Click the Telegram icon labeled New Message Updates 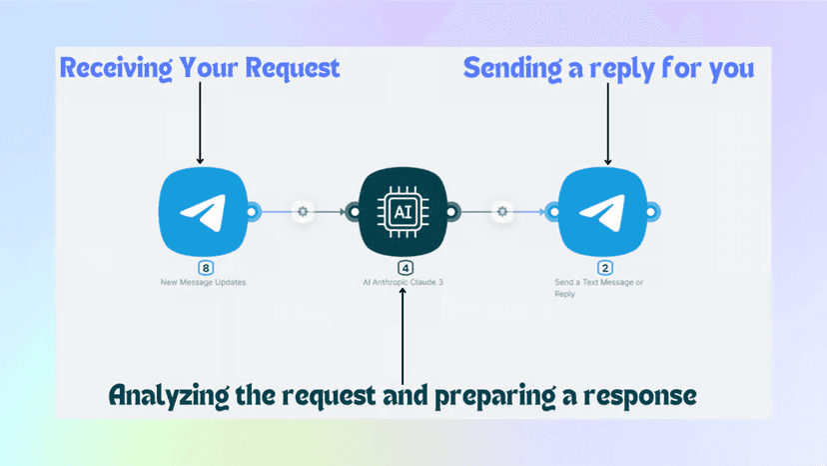click(203, 212)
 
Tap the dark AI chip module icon click(403, 212)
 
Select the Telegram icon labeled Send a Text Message click(603, 212)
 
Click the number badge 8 click(206, 268)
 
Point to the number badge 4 click(406, 268)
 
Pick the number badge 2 click(605, 268)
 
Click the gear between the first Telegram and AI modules click(303, 211)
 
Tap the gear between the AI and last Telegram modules click(502, 211)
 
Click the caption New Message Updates click(203, 282)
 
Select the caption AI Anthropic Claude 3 click(403, 282)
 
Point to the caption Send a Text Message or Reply click(598, 288)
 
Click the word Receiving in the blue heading click(116, 69)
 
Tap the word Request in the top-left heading click(293, 68)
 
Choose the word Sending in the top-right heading click(512, 69)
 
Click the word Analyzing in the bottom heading click(169, 396)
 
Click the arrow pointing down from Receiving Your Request click(200, 123)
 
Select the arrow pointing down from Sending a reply click(608, 124)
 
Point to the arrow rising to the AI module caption click(403, 336)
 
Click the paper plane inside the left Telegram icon click(204, 212)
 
